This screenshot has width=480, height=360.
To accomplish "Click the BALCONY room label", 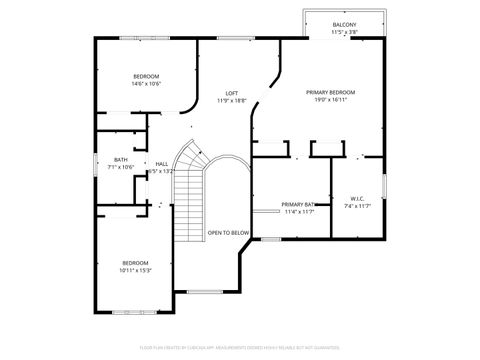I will point(344,24).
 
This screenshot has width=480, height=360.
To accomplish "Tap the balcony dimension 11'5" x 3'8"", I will point(344,32).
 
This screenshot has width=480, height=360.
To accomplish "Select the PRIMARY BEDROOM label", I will point(330,92).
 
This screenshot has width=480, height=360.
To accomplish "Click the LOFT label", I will point(231,93).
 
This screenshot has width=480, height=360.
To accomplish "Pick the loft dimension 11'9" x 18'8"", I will point(231,101).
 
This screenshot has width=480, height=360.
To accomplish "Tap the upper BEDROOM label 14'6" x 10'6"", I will point(147,76).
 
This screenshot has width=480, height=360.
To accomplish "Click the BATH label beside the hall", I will point(121,159).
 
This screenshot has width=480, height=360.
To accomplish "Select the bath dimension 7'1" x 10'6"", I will point(121,167).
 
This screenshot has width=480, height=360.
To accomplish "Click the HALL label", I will point(161,164).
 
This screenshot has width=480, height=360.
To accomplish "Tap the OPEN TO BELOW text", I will point(228,233).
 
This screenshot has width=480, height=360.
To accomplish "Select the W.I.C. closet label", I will point(357,198).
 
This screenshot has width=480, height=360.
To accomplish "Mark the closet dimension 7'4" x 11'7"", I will point(357,206).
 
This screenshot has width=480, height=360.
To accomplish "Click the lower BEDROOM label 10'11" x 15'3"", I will point(135,262).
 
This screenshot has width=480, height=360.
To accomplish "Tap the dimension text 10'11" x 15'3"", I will point(135,270).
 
